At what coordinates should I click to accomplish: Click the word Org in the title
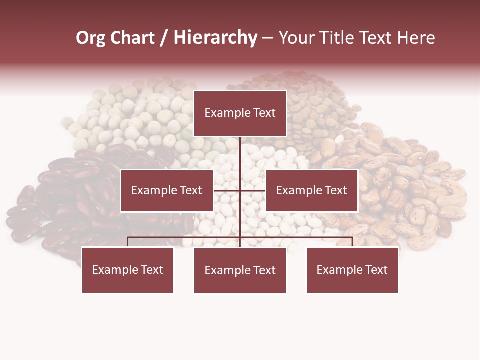click(x=90, y=38)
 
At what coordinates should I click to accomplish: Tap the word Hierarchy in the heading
click(x=215, y=38)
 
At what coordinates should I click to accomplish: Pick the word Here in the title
click(x=416, y=38)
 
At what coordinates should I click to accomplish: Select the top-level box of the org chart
click(x=240, y=113)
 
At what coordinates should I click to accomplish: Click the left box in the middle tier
click(x=167, y=190)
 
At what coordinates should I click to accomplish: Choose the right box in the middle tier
click(x=311, y=190)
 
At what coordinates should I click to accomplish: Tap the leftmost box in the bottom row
click(x=127, y=270)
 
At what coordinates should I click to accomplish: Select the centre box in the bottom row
click(x=240, y=270)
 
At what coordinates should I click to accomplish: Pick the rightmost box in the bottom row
click(x=352, y=270)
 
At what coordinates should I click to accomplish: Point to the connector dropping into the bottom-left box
click(x=127, y=242)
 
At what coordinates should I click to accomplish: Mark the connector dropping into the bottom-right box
click(x=352, y=242)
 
